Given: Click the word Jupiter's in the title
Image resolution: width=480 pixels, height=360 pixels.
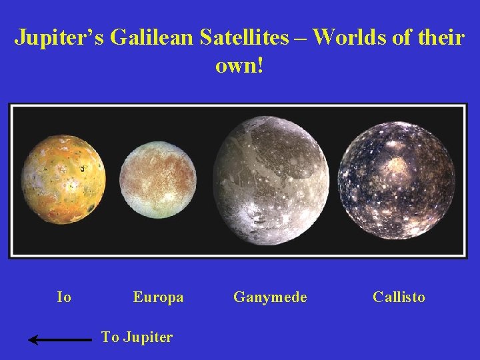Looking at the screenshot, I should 59,37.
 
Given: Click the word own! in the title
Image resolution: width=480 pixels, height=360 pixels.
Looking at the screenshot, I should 239,66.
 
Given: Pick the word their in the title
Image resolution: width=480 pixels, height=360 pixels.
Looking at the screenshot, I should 437,37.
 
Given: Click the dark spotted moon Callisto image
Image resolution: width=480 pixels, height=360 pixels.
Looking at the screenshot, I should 397,180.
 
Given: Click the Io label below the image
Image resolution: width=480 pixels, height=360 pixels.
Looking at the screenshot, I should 64,297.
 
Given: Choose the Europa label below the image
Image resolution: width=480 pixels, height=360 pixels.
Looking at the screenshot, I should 158,297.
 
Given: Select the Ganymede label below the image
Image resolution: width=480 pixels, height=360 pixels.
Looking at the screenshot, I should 270,297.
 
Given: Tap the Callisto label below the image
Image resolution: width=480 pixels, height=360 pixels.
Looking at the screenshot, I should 399,297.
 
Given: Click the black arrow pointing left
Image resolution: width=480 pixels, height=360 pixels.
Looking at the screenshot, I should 60,340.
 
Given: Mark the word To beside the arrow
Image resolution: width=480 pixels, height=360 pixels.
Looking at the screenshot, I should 110,337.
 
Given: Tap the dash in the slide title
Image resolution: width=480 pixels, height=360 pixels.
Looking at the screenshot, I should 300,39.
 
